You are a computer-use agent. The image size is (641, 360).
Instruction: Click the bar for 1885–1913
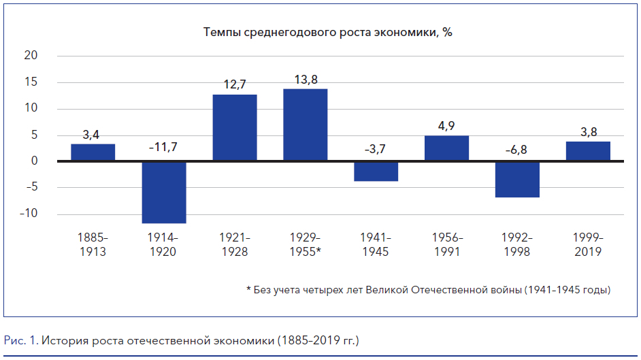tap(93, 152)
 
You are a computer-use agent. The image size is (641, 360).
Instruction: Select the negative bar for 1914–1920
tap(164, 192)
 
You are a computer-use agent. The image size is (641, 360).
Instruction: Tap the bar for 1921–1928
tap(235, 127)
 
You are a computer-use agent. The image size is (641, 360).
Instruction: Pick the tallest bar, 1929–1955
tap(306, 125)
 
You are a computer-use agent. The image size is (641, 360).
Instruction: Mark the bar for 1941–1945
tap(376, 171)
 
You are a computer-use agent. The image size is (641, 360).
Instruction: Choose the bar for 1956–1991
tap(447, 148)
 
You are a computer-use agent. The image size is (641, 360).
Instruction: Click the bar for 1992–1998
tap(517, 179)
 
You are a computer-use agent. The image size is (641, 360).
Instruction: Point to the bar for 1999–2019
tap(588, 151)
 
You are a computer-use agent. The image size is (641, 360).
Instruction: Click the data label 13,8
tap(306, 80)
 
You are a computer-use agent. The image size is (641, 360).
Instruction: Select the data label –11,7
tap(163, 146)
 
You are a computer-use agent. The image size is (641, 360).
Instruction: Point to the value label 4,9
tap(447, 126)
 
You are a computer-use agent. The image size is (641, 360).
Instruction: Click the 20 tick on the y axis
tap(29, 56)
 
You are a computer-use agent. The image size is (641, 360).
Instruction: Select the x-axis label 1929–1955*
tap(306, 245)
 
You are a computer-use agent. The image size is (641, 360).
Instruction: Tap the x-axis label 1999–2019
tap(588, 245)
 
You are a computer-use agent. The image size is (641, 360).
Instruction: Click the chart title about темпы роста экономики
tap(327, 33)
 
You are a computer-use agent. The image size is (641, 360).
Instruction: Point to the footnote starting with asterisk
tap(428, 290)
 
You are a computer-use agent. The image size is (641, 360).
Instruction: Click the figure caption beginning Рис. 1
tap(181, 340)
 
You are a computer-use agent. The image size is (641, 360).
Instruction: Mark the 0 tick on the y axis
tap(33, 161)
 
